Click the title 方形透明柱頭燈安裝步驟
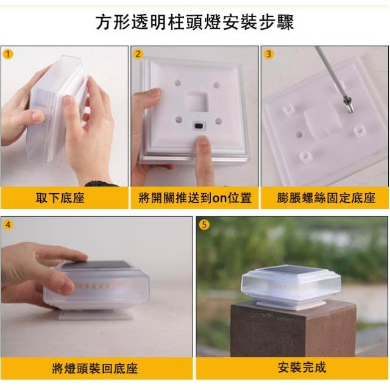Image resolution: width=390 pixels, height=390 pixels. (x=195, y=23)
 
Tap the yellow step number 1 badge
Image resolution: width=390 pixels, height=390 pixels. (x=8, y=54)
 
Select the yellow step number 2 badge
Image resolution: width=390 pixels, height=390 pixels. (x=138, y=54)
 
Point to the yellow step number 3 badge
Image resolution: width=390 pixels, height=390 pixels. (x=269, y=54)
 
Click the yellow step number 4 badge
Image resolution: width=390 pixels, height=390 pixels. (x=8, y=225)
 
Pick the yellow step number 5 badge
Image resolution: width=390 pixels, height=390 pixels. (x=204, y=225)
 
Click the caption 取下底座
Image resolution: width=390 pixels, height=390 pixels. (x=60, y=198)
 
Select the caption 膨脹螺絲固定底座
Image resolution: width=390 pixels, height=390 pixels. (x=326, y=198)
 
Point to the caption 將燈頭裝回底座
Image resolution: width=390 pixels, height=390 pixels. (x=95, y=368)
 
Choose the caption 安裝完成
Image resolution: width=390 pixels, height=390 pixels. (x=302, y=367)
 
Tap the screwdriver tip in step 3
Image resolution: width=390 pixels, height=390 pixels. (x=349, y=110)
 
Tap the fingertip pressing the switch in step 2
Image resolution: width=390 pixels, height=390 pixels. (x=204, y=143)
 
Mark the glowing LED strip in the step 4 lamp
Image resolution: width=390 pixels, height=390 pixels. (x=99, y=285)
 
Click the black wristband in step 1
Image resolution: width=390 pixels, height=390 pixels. (x=102, y=184)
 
